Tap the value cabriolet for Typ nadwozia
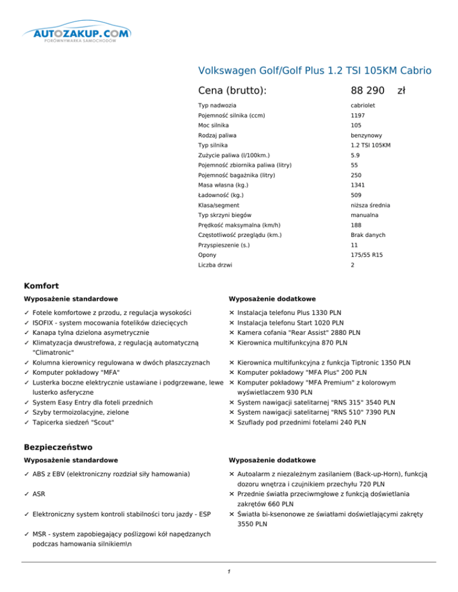[363, 105]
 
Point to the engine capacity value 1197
[358, 116]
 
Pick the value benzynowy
[366, 136]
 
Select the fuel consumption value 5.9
[355, 155]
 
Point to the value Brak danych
[368, 235]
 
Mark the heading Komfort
[42, 286]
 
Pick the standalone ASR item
[39, 494]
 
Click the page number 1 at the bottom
[229, 572]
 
